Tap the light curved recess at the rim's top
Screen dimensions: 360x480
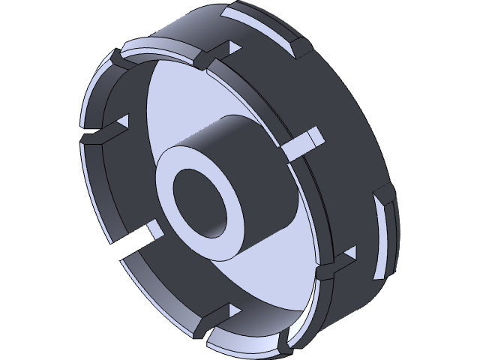tap(262, 22)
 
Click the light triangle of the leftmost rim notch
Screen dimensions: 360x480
tap(122, 122)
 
